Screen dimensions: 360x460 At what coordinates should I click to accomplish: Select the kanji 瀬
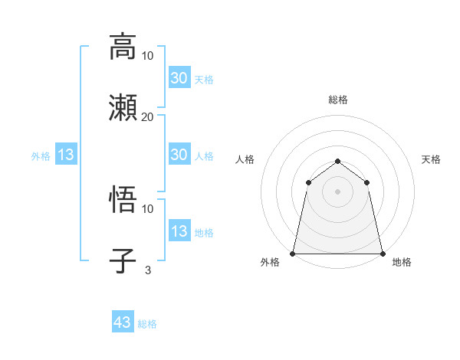(123, 106)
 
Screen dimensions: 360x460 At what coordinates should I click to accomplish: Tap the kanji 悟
(123, 200)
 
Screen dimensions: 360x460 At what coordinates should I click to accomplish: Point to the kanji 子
(123, 260)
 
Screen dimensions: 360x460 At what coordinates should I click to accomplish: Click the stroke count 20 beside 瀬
(147, 116)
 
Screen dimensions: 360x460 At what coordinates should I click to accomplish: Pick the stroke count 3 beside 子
(147, 270)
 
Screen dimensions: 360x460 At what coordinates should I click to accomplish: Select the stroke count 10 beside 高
(147, 56)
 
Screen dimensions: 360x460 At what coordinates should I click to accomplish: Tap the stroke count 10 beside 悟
(147, 208)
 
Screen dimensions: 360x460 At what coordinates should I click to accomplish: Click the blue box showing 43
(122, 322)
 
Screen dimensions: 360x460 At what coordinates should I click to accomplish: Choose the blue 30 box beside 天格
(179, 78)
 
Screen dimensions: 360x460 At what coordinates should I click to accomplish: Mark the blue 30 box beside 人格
(179, 155)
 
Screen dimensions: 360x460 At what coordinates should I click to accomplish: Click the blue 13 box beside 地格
(179, 231)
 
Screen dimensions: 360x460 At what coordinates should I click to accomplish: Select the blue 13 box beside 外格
(66, 155)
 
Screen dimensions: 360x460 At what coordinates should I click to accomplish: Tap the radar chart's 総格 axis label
(337, 100)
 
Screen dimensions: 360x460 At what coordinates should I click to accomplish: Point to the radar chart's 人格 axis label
(245, 159)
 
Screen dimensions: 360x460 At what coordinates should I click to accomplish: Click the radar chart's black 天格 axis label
(431, 159)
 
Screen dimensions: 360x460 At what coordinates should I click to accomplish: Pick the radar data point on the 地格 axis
(382, 253)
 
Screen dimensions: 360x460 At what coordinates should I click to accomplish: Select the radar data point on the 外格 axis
(293, 253)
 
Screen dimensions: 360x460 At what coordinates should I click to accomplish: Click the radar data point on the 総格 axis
(337, 161)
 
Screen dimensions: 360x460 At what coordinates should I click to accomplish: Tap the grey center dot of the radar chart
(337, 191)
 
